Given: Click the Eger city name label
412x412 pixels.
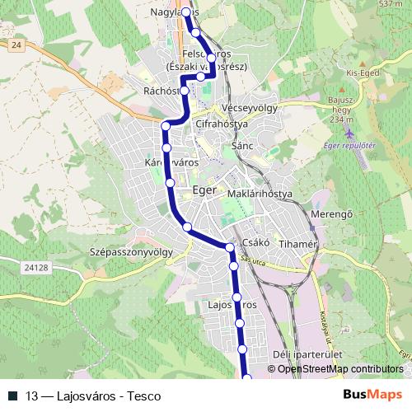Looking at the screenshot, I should point(203,190).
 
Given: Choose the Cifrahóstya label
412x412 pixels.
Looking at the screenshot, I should point(222,124).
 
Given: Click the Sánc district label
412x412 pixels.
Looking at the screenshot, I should point(241,145).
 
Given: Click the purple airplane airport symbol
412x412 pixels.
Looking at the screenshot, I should point(350,132).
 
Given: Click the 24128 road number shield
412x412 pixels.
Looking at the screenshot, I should point(37,268).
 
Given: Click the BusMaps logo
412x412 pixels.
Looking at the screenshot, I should point(372,395).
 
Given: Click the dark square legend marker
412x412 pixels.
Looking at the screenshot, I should point(12,396).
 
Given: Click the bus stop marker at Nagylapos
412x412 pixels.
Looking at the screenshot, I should point(186,12).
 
